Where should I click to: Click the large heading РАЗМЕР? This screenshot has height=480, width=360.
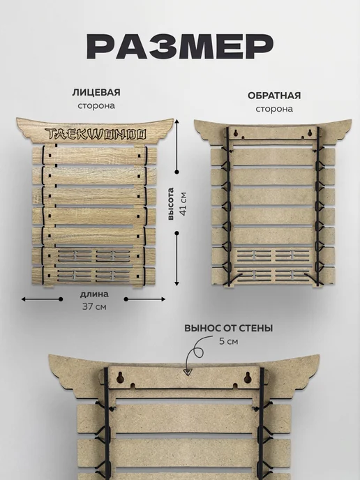[x=180, y=46]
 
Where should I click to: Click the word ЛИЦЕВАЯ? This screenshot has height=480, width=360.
[x=96, y=93]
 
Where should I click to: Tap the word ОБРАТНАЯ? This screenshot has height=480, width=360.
[x=274, y=96]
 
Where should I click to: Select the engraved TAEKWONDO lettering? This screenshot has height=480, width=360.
[x=96, y=134]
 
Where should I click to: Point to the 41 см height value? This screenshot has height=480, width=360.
[x=183, y=204]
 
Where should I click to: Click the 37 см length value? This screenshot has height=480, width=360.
[x=94, y=306]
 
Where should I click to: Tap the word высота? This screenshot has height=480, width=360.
[x=171, y=204]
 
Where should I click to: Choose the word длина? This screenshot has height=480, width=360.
[x=94, y=294]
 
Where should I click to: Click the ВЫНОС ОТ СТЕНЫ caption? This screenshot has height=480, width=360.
[x=228, y=328]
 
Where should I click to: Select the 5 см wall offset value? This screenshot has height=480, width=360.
[x=228, y=341]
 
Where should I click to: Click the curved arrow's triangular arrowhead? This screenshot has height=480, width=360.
[x=188, y=373]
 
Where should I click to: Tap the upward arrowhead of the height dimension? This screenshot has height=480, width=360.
[x=177, y=122]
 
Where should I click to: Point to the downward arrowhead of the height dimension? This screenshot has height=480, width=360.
[x=177, y=283]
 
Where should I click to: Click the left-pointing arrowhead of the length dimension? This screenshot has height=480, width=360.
[x=24, y=299]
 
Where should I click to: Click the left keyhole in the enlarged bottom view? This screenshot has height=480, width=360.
[x=120, y=377]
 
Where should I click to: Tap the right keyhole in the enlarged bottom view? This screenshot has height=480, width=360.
[x=248, y=378]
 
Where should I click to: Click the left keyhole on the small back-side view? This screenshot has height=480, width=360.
[x=236, y=133]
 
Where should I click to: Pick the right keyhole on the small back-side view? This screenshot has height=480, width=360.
[x=310, y=133]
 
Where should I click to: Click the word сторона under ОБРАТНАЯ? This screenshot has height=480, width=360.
[x=274, y=109]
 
